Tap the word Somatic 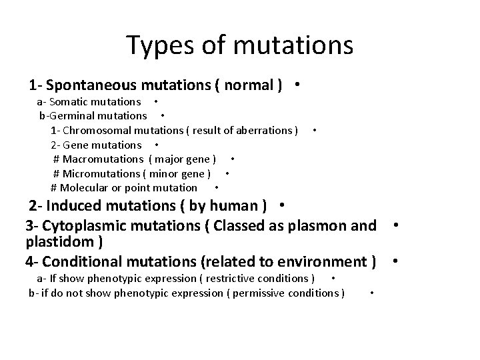(72, 102)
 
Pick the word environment (323, 261)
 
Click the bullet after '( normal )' (295, 85)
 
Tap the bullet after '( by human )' (283, 204)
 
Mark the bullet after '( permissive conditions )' (371, 293)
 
